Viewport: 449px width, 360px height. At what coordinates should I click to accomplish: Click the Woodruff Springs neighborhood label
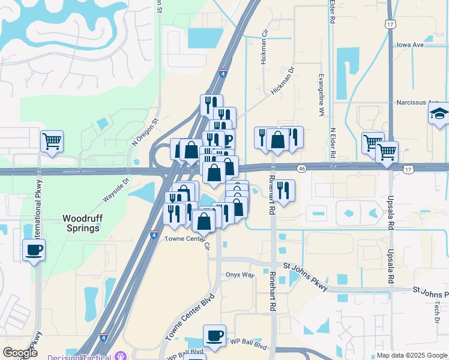tap(81, 223)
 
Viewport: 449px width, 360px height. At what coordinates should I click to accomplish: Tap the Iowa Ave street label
tap(411, 45)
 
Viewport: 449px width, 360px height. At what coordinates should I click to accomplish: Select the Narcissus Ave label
tap(418, 103)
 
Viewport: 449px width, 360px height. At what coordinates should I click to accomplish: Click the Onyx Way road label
tap(240, 275)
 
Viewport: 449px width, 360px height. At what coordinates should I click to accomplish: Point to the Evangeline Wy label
tap(322, 97)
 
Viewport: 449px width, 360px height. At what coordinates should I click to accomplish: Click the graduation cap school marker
tap(439, 113)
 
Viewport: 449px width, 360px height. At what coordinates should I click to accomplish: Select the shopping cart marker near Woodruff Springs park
tap(52, 142)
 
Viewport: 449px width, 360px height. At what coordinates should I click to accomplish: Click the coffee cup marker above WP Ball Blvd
tap(214, 335)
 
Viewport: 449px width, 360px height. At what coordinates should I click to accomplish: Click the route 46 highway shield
tap(301, 169)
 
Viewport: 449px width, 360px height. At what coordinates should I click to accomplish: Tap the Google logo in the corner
tap(19, 353)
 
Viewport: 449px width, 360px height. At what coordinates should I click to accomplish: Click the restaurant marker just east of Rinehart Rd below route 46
tap(285, 190)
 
